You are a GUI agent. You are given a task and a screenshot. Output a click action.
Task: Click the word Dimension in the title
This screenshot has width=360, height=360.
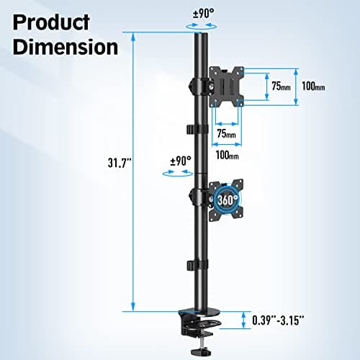64,47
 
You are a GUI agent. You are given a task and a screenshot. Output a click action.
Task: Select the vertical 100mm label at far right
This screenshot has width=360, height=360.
312,87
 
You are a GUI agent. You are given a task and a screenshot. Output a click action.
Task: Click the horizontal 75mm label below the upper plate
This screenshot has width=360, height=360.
226,134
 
